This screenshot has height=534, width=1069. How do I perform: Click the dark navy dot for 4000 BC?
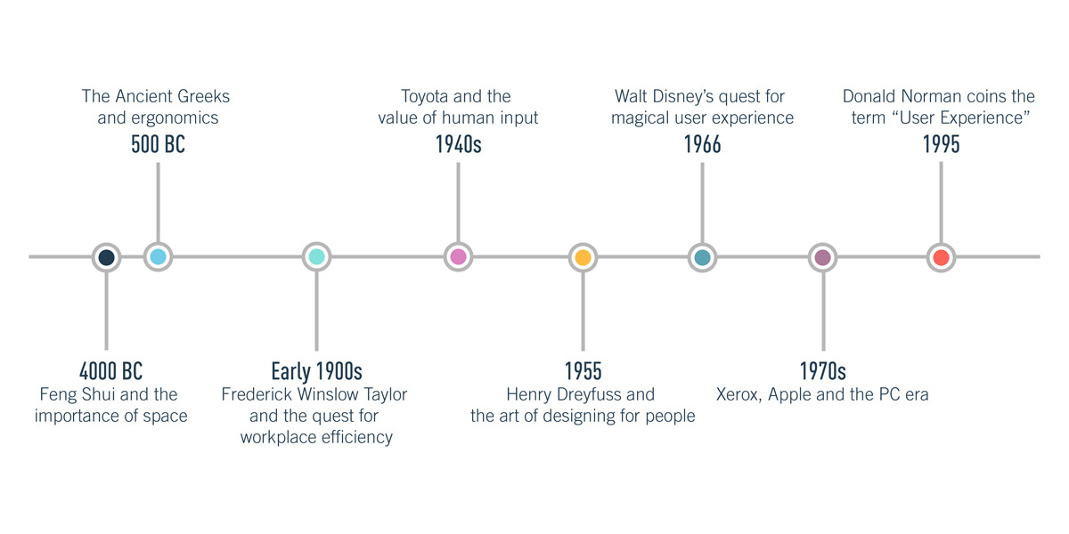pyautogui.click(x=106, y=257)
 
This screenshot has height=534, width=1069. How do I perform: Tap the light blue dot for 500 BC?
pyautogui.click(x=158, y=257)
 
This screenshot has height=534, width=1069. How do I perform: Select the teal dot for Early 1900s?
pyautogui.click(x=316, y=257)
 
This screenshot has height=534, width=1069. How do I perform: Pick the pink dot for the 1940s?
pyautogui.click(x=458, y=257)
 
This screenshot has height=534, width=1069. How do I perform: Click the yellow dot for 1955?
pyautogui.click(x=583, y=257)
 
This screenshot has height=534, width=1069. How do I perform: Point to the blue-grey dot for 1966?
pyautogui.click(x=702, y=257)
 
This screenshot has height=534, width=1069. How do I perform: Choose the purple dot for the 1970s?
pyautogui.click(x=822, y=257)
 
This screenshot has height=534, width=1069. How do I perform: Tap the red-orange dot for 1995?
pyautogui.click(x=941, y=257)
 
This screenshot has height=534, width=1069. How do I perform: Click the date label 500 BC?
pyautogui.click(x=158, y=144)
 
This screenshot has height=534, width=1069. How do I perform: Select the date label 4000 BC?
pyautogui.click(x=110, y=371)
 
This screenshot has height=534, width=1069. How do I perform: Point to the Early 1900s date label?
pyautogui.click(x=316, y=371)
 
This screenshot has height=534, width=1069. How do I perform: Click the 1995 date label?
pyautogui.click(x=941, y=144)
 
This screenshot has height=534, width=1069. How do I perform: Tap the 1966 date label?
pyautogui.click(x=702, y=144)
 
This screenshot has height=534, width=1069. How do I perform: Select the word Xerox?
pyautogui.click(x=739, y=394)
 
